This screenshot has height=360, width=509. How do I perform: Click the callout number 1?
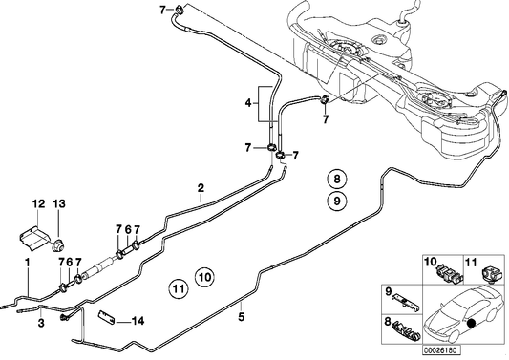(x=28, y=262)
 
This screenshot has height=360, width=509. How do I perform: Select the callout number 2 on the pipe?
(x=201, y=187)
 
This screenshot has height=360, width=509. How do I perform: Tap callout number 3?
(x=42, y=325)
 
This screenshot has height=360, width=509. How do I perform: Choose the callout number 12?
(x=39, y=203)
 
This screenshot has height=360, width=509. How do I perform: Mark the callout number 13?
(x=59, y=203)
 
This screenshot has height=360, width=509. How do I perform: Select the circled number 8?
(x=335, y=179)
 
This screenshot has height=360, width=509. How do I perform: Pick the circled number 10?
(x=203, y=278)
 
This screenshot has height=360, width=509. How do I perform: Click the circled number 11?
(x=178, y=286)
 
